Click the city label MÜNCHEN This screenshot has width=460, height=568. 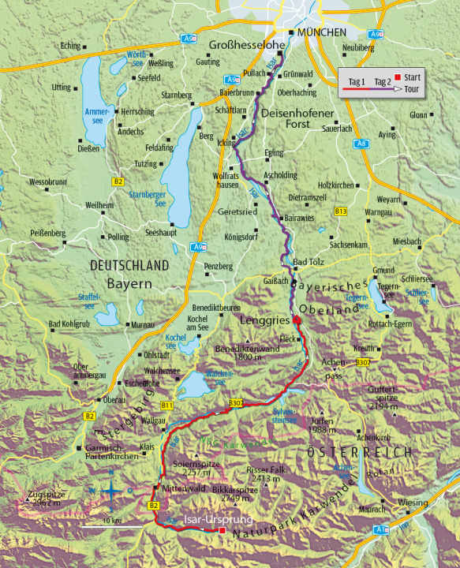pyautogui.click(x=322, y=32)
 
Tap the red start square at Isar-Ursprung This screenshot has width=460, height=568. pyautogui.click(x=223, y=531)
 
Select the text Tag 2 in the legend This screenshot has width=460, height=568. pyautogui.click(x=383, y=81)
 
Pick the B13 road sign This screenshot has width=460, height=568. pyautogui.click(x=341, y=211)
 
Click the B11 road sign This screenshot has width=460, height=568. pyautogui.click(x=166, y=405)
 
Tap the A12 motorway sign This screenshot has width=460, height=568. pyautogui.click(x=382, y=529)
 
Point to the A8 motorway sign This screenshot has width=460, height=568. pyautogui.click(x=361, y=144)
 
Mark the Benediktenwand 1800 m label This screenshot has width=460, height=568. pyautogui.click(x=244, y=352)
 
